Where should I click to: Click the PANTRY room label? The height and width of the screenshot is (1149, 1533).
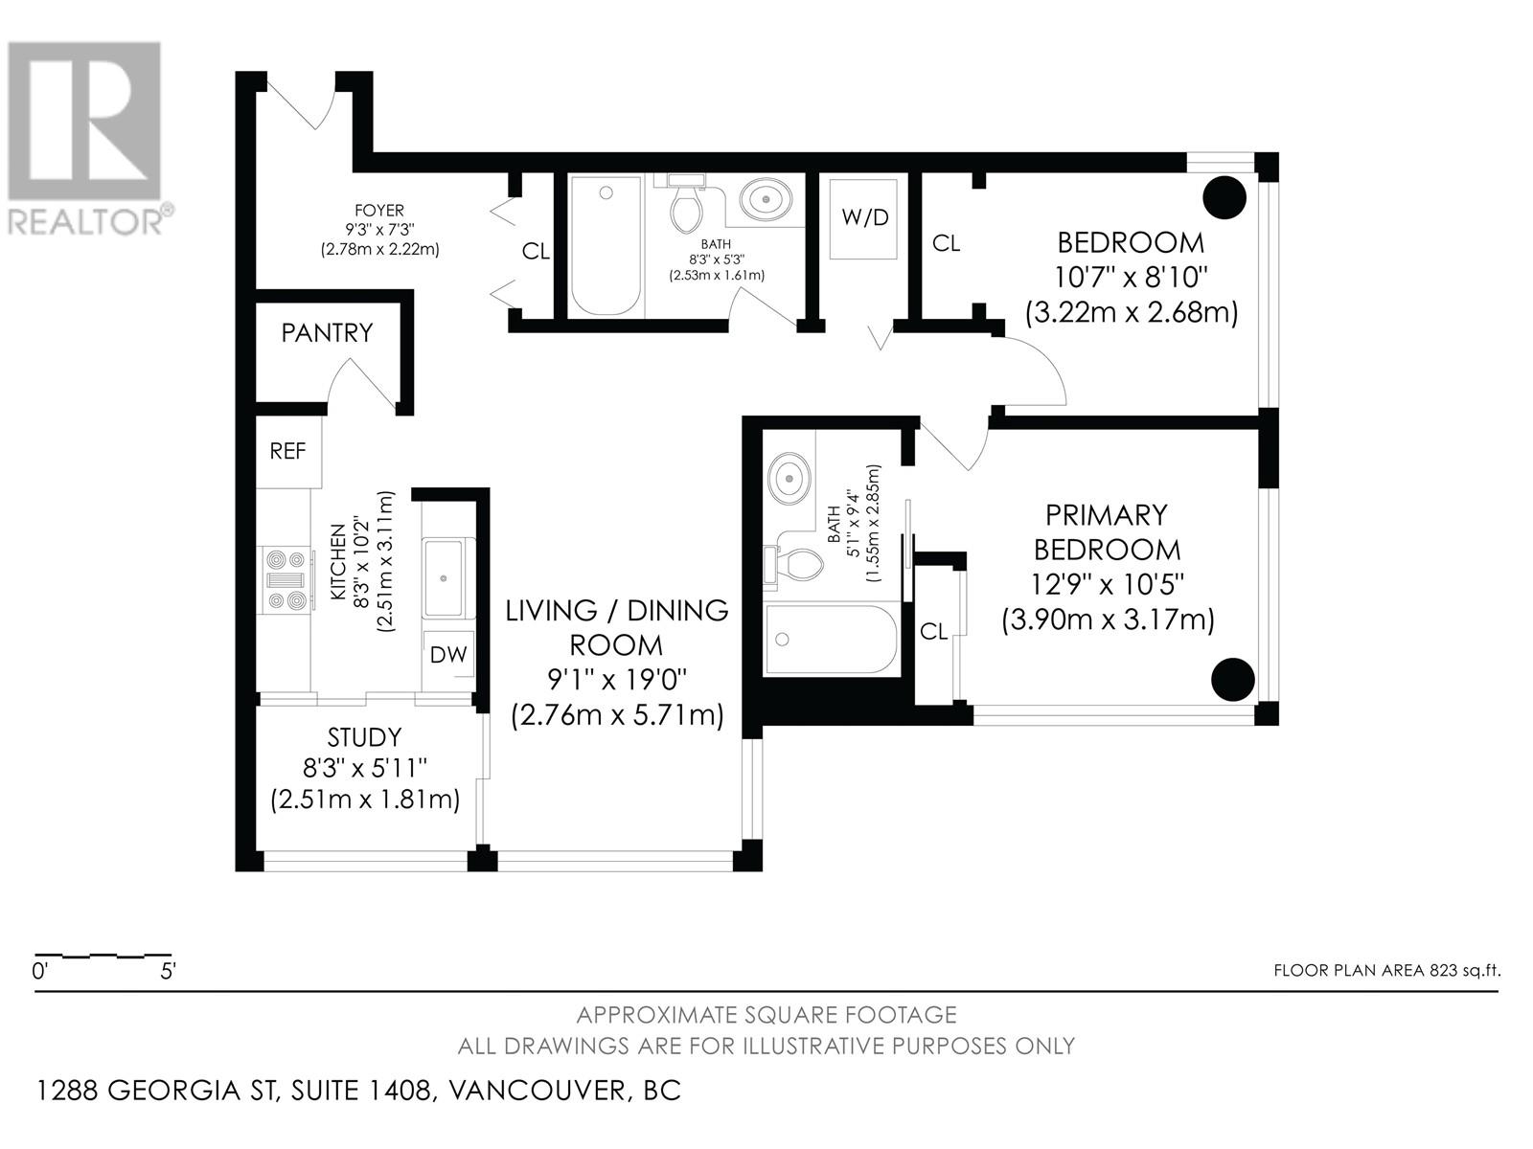[327, 333]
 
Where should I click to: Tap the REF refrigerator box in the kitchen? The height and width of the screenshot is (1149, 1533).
[288, 451]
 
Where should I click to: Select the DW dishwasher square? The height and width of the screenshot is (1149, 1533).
[448, 654]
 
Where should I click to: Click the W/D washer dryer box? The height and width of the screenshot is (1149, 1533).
[864, 218]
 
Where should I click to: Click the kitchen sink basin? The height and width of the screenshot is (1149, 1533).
[443, 577]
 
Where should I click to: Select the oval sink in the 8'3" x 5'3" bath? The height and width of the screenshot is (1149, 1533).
[766, 199]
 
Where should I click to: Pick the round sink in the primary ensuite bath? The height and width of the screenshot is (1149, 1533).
[789, 479]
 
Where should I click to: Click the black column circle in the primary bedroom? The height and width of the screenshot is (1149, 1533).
[1233, 679]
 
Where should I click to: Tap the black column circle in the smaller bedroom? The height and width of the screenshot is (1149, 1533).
[1225, 197]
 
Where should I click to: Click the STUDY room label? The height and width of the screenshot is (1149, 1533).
[365, 737]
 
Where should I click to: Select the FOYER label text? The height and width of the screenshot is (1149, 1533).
[379, 210]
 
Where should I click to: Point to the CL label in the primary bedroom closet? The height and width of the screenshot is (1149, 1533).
[934, 631]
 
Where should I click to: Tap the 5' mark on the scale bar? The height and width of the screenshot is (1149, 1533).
[168, 971]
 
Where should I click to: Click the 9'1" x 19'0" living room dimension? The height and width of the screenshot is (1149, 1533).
[617, 679]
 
